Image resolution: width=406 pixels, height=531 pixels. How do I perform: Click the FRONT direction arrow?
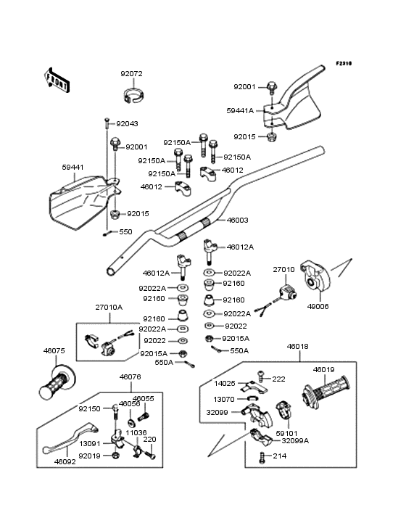click(x=57, y=80)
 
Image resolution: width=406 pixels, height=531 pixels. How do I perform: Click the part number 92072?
click(x=132, y=74)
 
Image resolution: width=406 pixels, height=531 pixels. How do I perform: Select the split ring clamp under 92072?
click(x=133, y=95)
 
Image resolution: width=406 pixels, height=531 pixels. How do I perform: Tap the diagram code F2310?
click(x=344, y=63)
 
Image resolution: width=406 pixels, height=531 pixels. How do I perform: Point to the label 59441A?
click(x=240, y=111)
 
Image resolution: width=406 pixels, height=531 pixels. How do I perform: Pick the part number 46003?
click(x=238, y=220)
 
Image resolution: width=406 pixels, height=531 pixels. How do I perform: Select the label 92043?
click(x=127, y=124)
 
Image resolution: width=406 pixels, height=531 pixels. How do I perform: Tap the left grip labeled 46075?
click(x=57, y=382)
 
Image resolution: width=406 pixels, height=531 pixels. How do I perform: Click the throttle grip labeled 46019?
click(x=325, y=392)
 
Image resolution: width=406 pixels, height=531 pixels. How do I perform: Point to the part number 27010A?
click(x=109, y=308)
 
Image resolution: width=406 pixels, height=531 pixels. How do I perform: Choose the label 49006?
click(x=318, y=306)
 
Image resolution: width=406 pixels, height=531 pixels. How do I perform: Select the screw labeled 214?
click(x=262, y=458)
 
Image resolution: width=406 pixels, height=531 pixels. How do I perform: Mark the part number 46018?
click(x=298, y=347)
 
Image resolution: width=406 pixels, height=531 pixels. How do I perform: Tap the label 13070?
click(x=224, y=400)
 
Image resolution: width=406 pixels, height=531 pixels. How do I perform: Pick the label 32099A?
click(x=295, y=441)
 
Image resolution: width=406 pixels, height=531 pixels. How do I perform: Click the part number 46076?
click(x=130, y=377)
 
